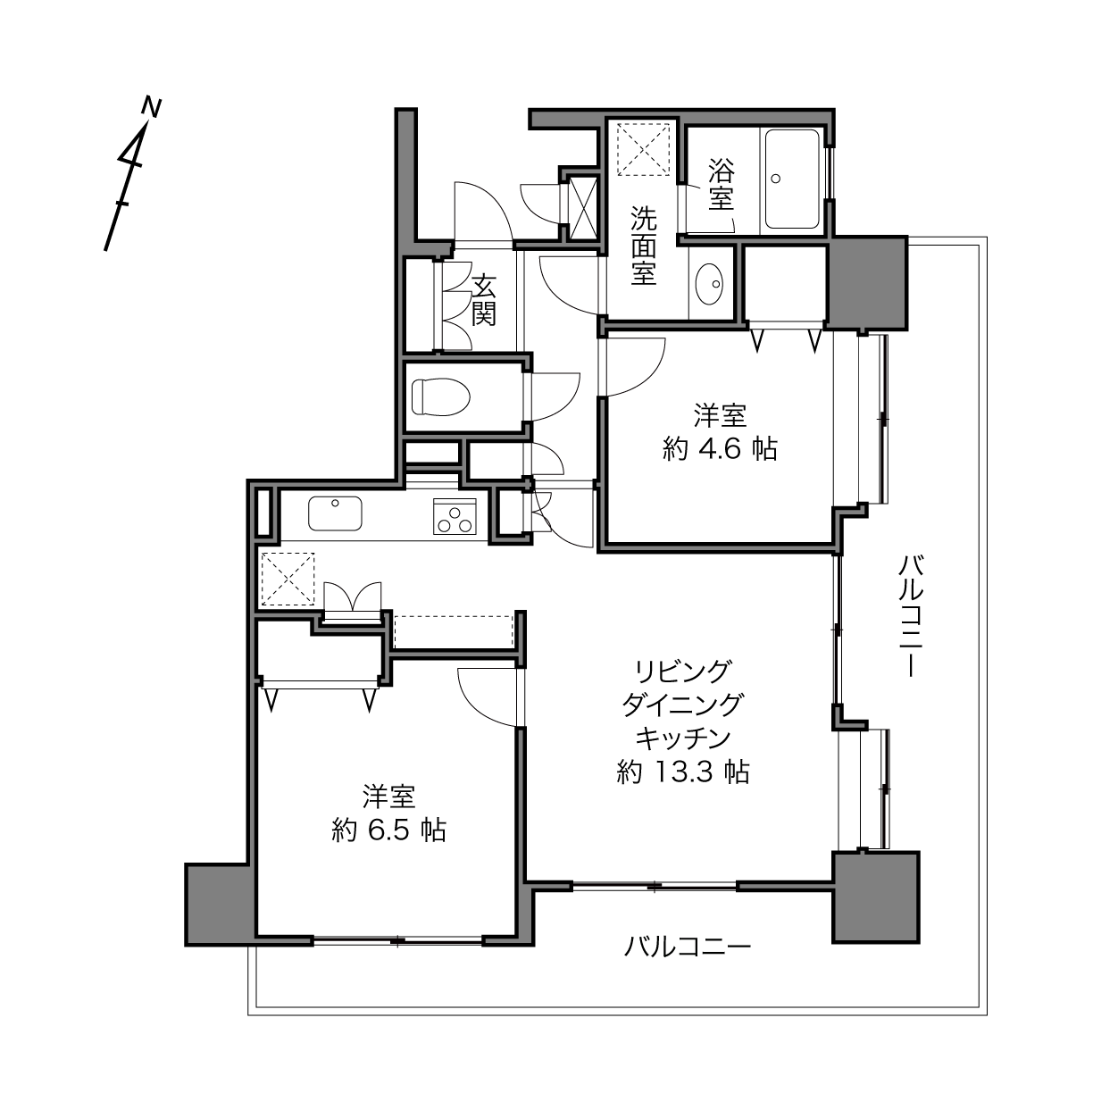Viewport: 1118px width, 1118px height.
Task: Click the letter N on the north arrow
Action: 152,107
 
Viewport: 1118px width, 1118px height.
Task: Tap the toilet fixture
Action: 440,396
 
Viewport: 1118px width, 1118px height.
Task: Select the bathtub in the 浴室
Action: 792,179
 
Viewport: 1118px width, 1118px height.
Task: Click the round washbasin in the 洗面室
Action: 709,284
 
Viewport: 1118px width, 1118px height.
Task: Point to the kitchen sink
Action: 335,513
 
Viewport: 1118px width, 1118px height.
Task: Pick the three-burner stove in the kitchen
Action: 455,516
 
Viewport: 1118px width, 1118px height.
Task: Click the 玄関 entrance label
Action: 483,300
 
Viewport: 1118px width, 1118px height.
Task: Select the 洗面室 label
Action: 644,246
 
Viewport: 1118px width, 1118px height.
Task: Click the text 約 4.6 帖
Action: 720,450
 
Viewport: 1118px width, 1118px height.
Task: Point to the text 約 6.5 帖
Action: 388,830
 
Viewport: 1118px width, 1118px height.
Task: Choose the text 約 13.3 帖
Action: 683,772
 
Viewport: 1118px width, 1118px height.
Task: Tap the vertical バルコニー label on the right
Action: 910,615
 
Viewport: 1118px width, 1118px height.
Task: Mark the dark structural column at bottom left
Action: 218,905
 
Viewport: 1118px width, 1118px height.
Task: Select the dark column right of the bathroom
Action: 867,283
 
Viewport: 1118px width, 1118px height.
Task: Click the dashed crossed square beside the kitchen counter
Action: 288,579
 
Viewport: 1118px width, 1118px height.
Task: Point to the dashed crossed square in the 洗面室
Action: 643,149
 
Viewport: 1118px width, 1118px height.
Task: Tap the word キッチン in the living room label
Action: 683,738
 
